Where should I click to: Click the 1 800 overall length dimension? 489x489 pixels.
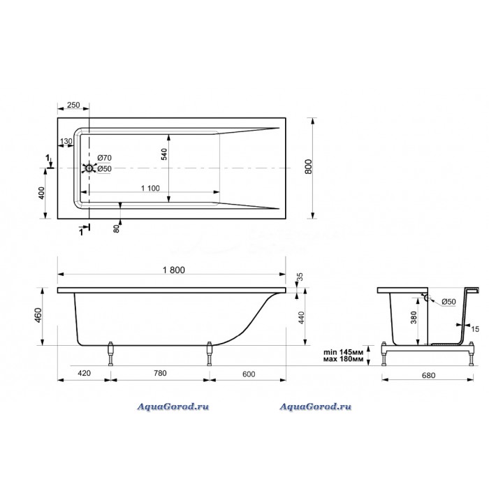pyautogui.click(x=174, y=270)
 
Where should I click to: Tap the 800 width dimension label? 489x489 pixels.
pyautogui.click(x=308, y=166)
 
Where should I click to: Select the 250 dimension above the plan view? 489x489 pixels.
pyautogui.click(x=73, y=105)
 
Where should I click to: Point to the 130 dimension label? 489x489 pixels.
pyautogui.click(x=66, y=142)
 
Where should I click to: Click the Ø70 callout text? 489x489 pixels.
pyautogui.click(x=104, y=158)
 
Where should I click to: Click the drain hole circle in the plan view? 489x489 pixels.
pyautogui.click(x=89, y=168)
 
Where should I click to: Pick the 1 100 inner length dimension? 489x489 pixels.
pyautogui.click(x=150, y=188)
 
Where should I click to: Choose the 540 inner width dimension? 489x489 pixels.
pyautogui.click(x=164, y=154)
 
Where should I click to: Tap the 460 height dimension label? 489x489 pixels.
pyautogui.click(x=38, y=315)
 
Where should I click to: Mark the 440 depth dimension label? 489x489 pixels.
pyautogui.click(x=301, y=317)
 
